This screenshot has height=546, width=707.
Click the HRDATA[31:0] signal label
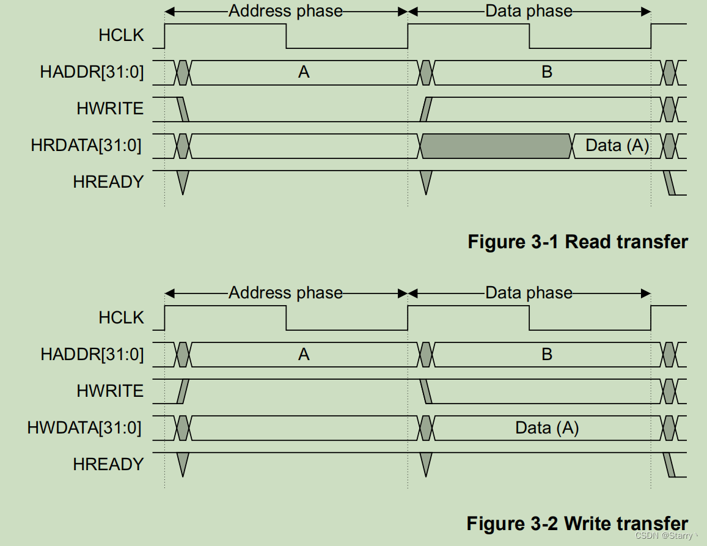86,146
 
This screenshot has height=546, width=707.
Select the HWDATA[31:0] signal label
84,428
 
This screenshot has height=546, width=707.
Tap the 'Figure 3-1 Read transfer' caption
577,242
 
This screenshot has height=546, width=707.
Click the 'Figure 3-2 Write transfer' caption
577,523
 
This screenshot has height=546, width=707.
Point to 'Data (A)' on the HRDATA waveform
617,146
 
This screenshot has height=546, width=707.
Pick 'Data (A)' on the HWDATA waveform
547,428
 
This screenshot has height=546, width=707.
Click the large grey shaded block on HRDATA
496,146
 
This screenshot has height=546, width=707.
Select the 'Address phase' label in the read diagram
285,11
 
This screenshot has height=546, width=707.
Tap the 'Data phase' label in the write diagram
529,293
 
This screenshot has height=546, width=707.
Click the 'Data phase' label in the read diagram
529,11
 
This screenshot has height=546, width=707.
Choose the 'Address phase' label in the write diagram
285,293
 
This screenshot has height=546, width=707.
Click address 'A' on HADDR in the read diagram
304,72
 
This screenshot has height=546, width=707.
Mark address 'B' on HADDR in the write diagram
547,355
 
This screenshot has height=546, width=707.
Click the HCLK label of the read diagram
121,35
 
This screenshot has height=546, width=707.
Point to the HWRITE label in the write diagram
110,391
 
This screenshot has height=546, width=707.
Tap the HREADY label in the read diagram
108,182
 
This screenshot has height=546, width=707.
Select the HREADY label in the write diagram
108,464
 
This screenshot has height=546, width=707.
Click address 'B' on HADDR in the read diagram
547,72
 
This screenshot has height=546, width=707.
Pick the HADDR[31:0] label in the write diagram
92,355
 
